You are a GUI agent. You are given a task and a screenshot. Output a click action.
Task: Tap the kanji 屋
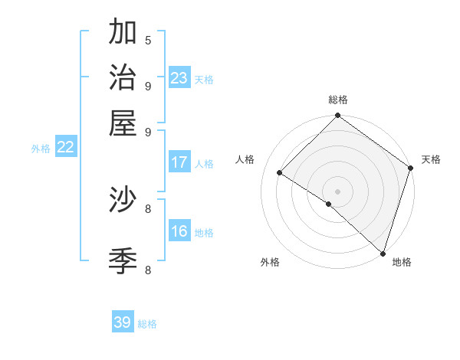click(x=123, y=123)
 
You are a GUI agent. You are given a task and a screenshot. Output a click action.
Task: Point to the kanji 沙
click(x=123, y=200)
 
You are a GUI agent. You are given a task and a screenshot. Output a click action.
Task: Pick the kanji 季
click(x=123, y=261)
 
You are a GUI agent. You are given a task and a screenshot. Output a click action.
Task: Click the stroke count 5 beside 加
click(x=148, y=40)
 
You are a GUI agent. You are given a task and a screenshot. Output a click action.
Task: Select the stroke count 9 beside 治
click(x=148, y=85)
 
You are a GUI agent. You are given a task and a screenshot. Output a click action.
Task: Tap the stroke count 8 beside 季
click(x=148, y=270)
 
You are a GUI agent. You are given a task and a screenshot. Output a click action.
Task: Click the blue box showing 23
click(x=179, y=77)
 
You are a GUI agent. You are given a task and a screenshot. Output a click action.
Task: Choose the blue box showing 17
click(x=179, y=162)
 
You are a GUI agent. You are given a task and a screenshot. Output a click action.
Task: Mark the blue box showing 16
click(x=179, y=231)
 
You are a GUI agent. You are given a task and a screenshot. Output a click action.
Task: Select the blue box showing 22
click(x=65, y=148)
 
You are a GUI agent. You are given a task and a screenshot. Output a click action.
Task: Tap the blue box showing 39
click(x=123, y=322)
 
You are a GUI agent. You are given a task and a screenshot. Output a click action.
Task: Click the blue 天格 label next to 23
click(x=204, y=79)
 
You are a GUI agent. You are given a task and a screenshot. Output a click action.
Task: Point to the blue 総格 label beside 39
click(x=147, y=324)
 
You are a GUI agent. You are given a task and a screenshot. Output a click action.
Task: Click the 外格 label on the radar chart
click(x=270, y=262)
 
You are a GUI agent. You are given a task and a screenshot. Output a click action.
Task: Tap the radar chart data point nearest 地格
click(x=383, y=253)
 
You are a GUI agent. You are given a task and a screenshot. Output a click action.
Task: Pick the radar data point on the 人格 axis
click(x=280, y=173)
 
